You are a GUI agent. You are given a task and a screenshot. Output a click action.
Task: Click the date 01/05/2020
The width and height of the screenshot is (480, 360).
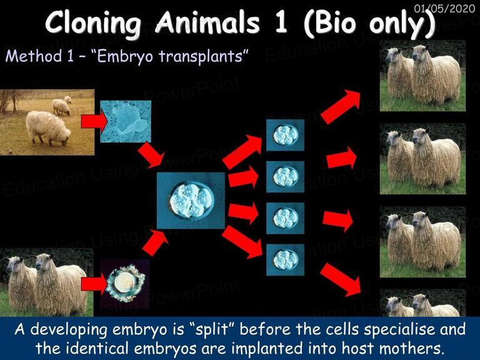(x=444, y=8)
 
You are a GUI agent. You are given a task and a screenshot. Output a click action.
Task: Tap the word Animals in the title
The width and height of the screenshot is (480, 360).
(x=207, y=22)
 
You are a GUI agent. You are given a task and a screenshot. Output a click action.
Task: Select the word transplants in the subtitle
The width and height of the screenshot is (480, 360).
(x=201, y=57)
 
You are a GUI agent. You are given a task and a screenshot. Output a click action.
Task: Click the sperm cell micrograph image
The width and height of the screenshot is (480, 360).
(x=126, y=121)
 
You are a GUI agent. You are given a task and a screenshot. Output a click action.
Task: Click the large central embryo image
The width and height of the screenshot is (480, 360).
(x=191, y=201)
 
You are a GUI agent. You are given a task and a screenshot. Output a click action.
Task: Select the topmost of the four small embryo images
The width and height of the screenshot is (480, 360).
(x=285, y=135)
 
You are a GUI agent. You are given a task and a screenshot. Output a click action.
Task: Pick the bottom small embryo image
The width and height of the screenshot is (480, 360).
(x=285, y=260)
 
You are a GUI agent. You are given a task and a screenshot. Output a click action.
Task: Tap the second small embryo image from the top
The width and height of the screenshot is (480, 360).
(x=285, y=177)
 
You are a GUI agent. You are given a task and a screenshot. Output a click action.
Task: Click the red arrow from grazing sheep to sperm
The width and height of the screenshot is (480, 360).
(x=94, y=121)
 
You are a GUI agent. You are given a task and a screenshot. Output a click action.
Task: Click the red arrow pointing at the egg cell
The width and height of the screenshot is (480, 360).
(x=94, y=284)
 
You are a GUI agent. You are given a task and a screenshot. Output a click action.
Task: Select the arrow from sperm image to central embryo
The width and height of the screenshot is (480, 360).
(x=151, y=156)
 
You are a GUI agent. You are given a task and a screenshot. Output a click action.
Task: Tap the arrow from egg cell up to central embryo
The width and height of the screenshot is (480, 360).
(x=155, y=242)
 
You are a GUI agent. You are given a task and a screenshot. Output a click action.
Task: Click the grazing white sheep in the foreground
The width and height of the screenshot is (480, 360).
(x=48, y=127)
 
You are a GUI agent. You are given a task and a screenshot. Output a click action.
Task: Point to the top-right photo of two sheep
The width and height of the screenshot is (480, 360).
(x=422, y=76)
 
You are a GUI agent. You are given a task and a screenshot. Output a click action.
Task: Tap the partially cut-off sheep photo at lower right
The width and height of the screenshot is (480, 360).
(x=422, y=303)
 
